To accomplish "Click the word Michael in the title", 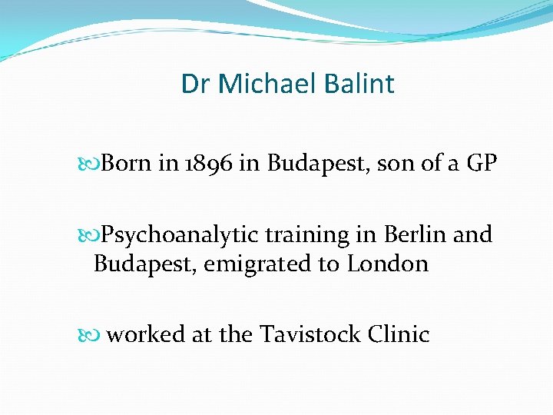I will [x=263, y=84].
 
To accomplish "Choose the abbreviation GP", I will [x=481, y=163].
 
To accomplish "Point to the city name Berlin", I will [x=417, y=234].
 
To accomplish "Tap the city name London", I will [x=388, y=264].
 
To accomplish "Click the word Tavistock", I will [x=311, y=334].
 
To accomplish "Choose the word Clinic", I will [x=399, y=334].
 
